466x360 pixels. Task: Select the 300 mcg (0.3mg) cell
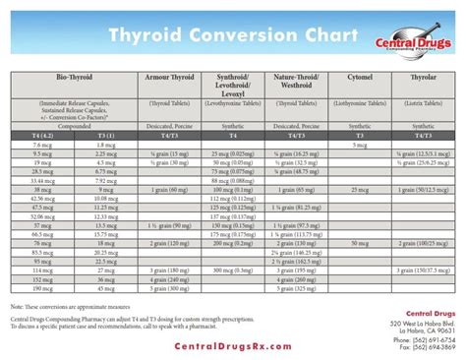tap(233, 289)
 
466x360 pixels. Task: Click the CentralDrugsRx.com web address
tap(232, 347)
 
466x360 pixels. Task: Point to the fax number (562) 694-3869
tap(425, 347)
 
